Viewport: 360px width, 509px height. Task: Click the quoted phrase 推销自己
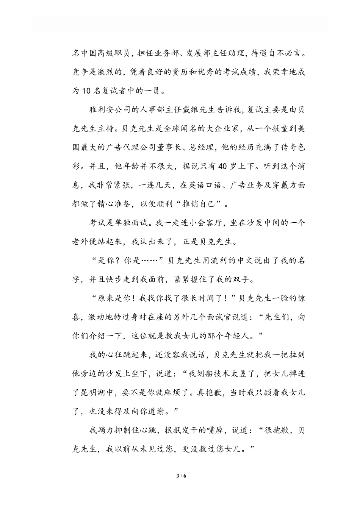(191, 204)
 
